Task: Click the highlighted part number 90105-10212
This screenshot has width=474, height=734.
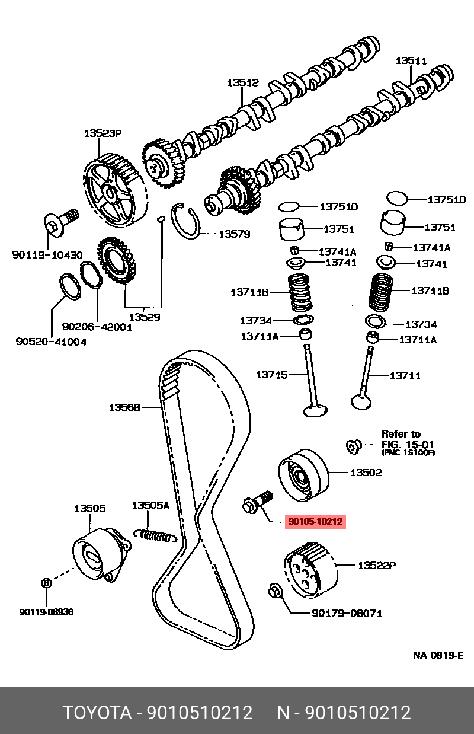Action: pos(315,522)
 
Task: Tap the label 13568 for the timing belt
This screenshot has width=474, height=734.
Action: pos(124,407)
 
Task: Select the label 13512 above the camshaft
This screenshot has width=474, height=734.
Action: pos(243,83)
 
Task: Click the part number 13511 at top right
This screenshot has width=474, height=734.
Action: pos(411,60)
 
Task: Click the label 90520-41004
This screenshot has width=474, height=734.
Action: pos(50,342)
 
